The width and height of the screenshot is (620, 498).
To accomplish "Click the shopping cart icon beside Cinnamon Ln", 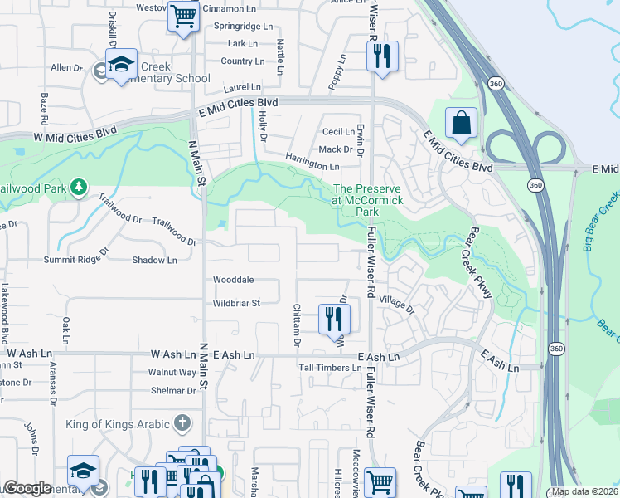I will tap(183, 17).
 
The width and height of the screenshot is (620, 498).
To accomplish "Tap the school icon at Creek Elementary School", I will tap(121, 65).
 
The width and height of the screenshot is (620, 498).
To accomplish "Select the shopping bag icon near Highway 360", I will tap(460, 124).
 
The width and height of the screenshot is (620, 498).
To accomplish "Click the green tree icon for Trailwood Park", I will tap(79, 186).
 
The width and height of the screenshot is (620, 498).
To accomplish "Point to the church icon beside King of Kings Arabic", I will tap(180, 424).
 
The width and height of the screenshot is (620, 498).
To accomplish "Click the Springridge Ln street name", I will tap(243, 27).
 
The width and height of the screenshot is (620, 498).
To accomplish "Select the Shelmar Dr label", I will tap(172, 391).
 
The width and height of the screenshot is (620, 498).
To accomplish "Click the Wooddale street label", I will tap(234, 281).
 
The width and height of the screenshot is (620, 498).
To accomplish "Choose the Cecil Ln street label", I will tap(338, 132).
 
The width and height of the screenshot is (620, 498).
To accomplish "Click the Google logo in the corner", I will tap(27, 488).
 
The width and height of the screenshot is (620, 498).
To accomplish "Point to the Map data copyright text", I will tap(584, 492).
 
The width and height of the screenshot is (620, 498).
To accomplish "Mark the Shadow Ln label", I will tap(155, 260).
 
